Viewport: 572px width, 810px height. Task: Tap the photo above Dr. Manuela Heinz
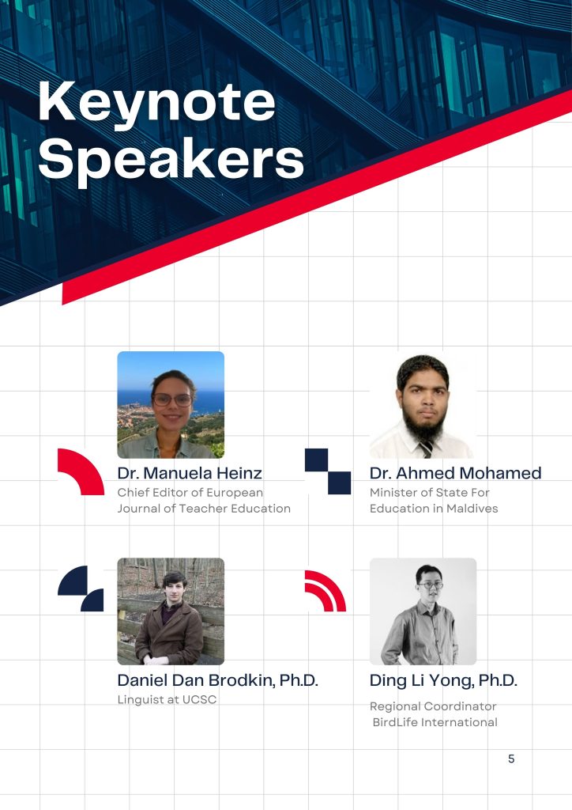click(x=171, y=404)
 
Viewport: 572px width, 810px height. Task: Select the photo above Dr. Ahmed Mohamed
click(x=423, y=404)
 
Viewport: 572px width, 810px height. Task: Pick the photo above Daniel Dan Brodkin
click(x=171, y=611)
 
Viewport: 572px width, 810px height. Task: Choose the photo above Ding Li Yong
click(x=423, y=611)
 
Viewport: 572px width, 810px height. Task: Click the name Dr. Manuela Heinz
click(x=190, y=473)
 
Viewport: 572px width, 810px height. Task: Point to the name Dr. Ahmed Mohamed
click(x=455, y=473)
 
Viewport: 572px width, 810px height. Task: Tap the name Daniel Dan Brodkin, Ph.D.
click(x=217, y=679)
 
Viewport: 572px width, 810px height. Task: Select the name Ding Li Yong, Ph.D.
click(x=443, y=679)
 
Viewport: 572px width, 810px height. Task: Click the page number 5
click(x=511, y=759)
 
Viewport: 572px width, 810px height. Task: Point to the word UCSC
click(x=199, y=699)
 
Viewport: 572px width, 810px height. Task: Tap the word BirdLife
click(x=395, y=722)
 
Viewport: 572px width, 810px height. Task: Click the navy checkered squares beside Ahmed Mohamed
click(x=328, y=471)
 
